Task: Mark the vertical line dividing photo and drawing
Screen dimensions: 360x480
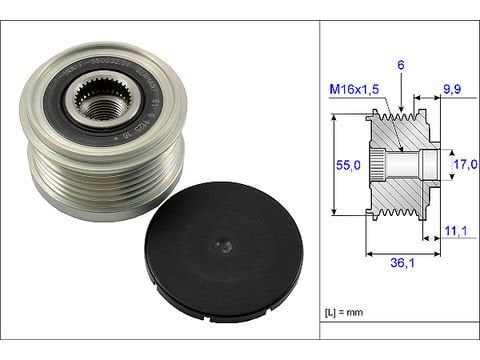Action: pos(319,180)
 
